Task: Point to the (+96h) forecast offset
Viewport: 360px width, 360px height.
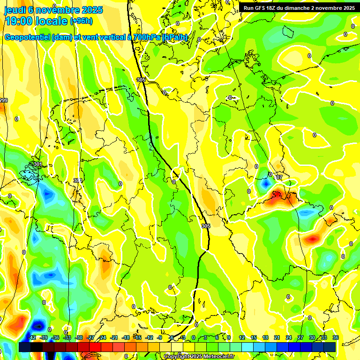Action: pos(81,21)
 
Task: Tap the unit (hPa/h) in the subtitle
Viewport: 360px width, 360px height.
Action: pos(175,37)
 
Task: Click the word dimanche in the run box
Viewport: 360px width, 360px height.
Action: pos(306,8)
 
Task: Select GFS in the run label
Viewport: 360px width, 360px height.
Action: pos(264,8)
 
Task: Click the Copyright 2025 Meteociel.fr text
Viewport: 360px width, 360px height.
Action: pos(199,356)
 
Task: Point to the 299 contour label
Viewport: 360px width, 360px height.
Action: pos(4,101)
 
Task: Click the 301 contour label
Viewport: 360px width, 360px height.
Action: pos(37,164)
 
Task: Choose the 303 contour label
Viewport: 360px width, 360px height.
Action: pos(78,180)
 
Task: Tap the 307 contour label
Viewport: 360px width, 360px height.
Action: pos(279,177)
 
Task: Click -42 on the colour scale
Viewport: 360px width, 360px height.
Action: pos(32,337)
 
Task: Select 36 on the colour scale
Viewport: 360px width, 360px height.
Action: pos(336,337)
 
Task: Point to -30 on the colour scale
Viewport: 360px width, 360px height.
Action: pos(79,337)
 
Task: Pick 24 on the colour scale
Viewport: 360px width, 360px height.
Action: pos(289,337)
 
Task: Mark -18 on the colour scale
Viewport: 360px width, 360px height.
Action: pos(126,337)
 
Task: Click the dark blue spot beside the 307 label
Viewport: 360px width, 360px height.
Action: pos(266,184)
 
